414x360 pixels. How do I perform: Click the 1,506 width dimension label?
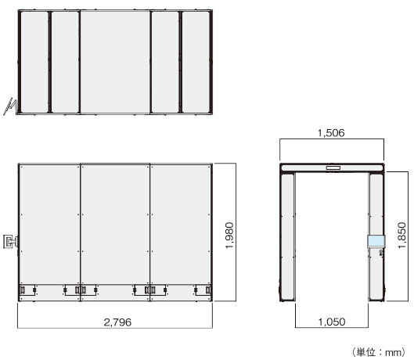(x=332, y=134)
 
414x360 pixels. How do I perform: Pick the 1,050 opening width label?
(x=332, y=322)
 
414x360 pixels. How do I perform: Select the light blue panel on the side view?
(x=376, y=242)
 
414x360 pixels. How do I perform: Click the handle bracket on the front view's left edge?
(x=10, y=240)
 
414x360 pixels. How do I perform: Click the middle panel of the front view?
(x=115, y=227)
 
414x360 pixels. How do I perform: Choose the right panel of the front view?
(x=181, y=227)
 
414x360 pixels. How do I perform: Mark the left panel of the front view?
(x=49, y=227)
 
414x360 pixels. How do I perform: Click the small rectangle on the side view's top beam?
(x=332, y=167)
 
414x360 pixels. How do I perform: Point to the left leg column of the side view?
(x=287, y=235)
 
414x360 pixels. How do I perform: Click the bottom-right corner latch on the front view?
(x=207, y=290)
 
